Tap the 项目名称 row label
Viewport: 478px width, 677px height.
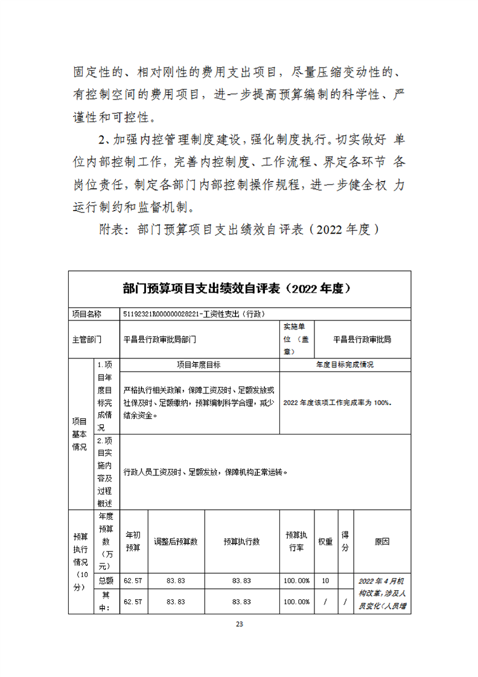click(86, 314)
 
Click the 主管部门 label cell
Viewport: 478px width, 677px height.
click(86, 340)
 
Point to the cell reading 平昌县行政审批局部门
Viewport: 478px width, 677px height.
click(160, 340)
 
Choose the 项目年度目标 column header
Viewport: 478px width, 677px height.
click(199, 365)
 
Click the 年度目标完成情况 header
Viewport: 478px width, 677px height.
click(345, 365)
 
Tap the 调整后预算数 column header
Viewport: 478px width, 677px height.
click(176, 541)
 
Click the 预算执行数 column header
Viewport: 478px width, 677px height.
click(241, 541)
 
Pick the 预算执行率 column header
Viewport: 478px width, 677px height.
click(296, 541)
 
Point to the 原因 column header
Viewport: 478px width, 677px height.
click(382, 541)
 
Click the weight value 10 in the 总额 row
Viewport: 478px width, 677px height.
click(325, 580)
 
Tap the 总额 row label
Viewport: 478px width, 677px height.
click(106, 580)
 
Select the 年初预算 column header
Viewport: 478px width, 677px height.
click(133, 541)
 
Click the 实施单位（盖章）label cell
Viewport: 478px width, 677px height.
click(296, 339)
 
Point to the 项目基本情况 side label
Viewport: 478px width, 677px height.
click(80, 433)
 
